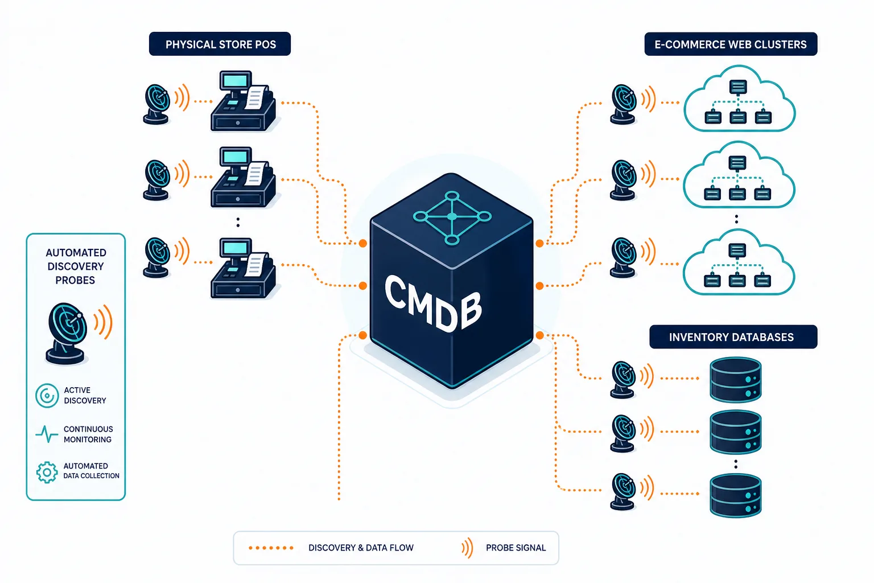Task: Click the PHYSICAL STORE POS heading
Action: coord(220,44)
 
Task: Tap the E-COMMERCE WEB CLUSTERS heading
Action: coord(731,44)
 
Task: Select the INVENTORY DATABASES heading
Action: coord(733,336)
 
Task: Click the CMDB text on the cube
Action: coord(433,303)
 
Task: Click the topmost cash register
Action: coord(243,101)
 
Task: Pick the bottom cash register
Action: coord(243,268)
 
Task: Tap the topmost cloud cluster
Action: coord(739,99)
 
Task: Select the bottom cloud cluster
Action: coord(739,262)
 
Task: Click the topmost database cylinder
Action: coord(736,379)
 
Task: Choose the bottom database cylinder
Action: coord(736,495)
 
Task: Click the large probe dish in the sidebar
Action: coord(67,333)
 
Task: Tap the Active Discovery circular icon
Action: coord(47,396)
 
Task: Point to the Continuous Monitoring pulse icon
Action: coord(47,434)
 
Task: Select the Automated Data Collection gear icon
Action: coord(47,472)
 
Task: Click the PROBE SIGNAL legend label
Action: coord(516,548)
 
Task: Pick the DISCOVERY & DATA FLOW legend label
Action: coord(361,548)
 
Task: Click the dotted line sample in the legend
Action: coord(271,548)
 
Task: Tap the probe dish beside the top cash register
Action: coord(157,104)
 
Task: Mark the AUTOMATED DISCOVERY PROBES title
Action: coord(76,266)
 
